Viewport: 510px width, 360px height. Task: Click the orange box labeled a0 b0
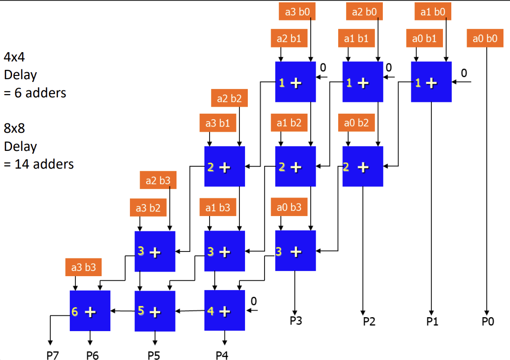pos(485,39)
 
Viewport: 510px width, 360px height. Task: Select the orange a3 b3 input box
pos(84,267)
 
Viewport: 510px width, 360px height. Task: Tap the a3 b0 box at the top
pos(297,12)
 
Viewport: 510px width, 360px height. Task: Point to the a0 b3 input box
pos(289,207)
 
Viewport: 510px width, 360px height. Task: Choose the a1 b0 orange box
pos(433,12)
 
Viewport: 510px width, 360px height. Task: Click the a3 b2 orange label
pos(148,208)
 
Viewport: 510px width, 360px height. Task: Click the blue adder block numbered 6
pos(90,311)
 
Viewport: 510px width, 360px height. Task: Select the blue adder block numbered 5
pos(155,311)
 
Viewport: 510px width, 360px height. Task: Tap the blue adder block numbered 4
pos(224,311)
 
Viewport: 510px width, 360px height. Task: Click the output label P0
pos(487,321)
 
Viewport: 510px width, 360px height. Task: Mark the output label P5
pos(154,355)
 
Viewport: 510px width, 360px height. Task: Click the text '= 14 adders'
pos(39,164)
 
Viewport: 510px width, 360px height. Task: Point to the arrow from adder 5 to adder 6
pos(122,311)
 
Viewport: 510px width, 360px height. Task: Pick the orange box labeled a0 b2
pos(356,123)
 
